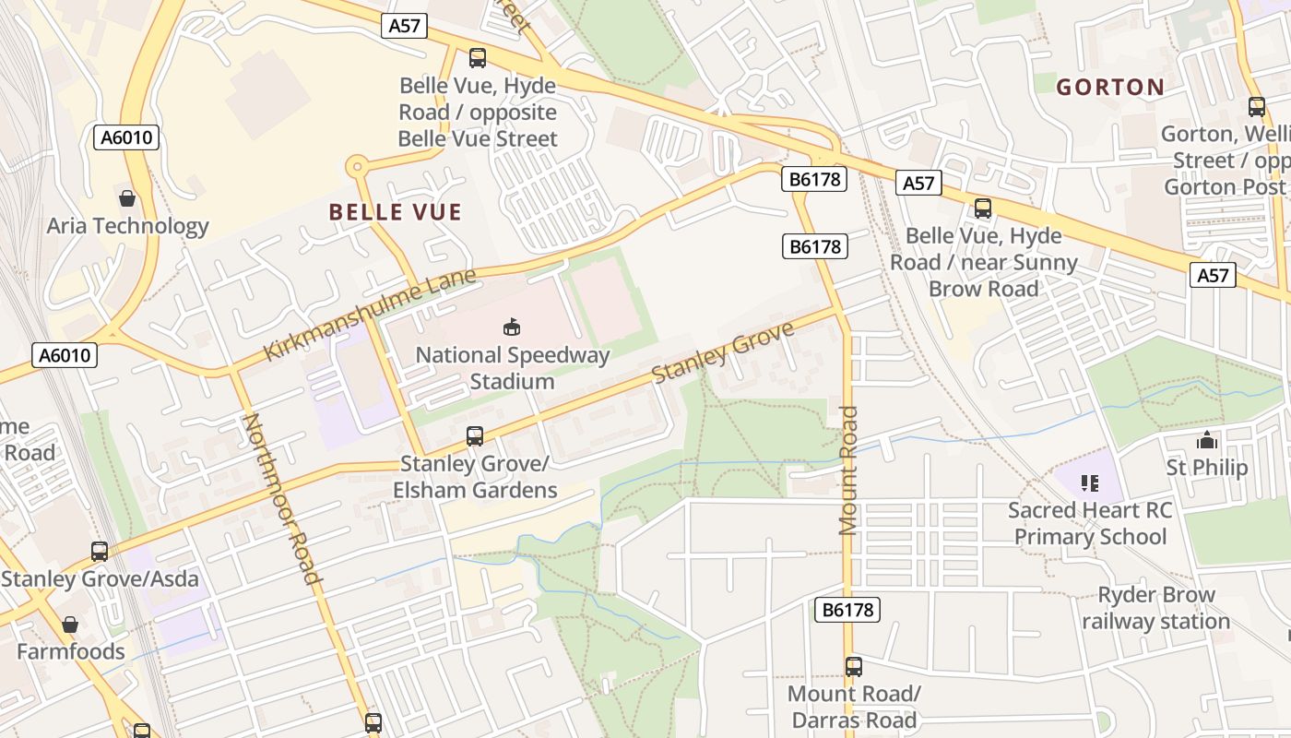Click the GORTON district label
[x=1109, y=88]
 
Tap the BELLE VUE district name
[x=395, y=212]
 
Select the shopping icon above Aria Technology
[x=127, y=198]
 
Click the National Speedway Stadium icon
[x=512, y=327]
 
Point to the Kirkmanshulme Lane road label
[x=370, y=315]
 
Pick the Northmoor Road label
[x=281, y=499]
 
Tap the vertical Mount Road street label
[x=848, y=470]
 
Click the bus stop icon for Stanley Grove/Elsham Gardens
[x=475, y=435]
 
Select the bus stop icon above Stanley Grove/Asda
[x=100, y=552]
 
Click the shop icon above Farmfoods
[x=70, y=625]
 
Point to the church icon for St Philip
[x=1206, y=440]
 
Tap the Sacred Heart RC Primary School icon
[x=1089, y=482]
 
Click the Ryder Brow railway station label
[x=1155, y=608]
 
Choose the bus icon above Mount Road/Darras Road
[x=854, y=666]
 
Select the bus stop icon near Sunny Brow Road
[x=983, y=208]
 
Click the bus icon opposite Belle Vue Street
[x=478, y=58]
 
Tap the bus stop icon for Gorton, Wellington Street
[x=1256, y=107]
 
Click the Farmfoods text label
[x=70, y=651]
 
